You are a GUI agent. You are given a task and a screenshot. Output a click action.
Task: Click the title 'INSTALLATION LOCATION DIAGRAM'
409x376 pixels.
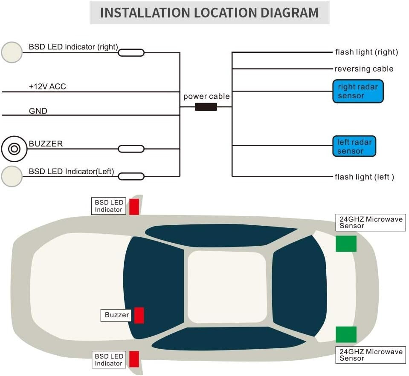tap(209, 12)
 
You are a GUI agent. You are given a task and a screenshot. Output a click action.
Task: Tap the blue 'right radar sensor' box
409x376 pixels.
tap(358, 91)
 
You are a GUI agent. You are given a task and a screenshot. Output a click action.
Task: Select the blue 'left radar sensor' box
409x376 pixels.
tap(354, 146)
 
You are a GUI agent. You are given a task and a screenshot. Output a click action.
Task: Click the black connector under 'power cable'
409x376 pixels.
tap(206, 106)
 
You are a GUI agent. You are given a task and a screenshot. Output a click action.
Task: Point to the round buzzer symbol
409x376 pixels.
tap(14, 149)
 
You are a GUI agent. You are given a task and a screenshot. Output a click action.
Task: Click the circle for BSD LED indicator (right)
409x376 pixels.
tap(12, 52)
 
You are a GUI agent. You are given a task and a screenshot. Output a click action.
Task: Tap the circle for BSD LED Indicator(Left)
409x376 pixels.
tap(12, 176)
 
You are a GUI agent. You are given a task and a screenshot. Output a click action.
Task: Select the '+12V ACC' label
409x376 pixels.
tap(47, 86)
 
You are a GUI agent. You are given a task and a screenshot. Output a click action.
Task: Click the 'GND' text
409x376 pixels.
tap(38, 111)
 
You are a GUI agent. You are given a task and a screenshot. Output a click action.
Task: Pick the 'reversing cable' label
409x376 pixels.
tap(364, 69)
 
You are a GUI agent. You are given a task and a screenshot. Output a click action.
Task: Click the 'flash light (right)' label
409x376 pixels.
tap(366, 52)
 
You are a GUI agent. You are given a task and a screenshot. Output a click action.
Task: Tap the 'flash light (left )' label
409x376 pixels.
tap(364, 176)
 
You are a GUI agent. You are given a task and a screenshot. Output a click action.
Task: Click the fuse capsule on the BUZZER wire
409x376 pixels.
tap(131, 149)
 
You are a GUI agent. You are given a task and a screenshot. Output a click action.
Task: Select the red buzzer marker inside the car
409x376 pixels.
tap(139, 316)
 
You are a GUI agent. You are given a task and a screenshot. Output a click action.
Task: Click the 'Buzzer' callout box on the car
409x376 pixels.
tap(117, 315)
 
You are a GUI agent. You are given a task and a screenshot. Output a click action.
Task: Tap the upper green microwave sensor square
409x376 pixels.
tap(346, 243)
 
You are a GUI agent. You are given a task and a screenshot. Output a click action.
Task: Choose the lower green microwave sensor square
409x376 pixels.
tap(346, 334)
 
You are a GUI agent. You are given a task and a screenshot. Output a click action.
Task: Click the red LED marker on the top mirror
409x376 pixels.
tap(134, 207)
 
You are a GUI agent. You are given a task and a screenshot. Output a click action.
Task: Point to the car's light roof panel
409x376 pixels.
tap(226, 287)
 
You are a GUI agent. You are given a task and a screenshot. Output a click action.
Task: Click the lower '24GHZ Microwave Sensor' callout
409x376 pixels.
tap(371, 355)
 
